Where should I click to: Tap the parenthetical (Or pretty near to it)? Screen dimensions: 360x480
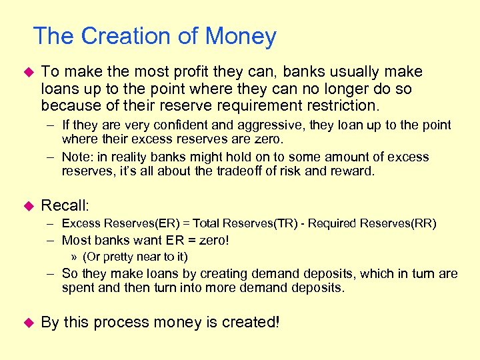coord(135,257)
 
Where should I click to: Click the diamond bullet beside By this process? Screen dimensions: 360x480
coord(27,323)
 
